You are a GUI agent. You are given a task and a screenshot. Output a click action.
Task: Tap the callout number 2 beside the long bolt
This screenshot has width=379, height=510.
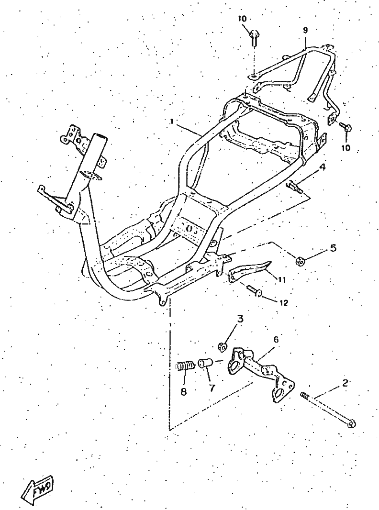coord(345,383)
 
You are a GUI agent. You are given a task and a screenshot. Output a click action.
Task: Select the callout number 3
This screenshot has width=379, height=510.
coord(240,319)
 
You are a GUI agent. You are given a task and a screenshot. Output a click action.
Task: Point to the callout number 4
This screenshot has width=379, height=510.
coord(322,167)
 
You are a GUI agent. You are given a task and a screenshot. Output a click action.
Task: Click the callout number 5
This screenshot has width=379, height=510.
coord(333,248)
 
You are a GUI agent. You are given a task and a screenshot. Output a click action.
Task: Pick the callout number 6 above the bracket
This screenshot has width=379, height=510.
coord(276,340)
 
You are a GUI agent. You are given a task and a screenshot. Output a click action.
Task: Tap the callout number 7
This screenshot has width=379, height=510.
coord(212,388)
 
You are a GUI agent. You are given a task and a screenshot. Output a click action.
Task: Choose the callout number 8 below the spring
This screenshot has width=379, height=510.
coord(183,392)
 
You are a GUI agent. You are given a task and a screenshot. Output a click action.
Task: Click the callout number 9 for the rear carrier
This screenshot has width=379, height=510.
coord(305,30)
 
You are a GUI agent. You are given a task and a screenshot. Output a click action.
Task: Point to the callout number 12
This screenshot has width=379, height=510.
coord(283,303)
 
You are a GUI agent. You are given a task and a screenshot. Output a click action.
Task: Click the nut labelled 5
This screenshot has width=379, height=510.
coord(299,260)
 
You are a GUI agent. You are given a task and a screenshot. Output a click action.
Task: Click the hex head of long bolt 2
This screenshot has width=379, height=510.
coord(352,424)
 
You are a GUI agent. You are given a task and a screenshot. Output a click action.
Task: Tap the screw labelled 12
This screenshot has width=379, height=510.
coord(254,290)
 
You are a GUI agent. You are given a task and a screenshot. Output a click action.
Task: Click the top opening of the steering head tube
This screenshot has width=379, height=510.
coord(100,136)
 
